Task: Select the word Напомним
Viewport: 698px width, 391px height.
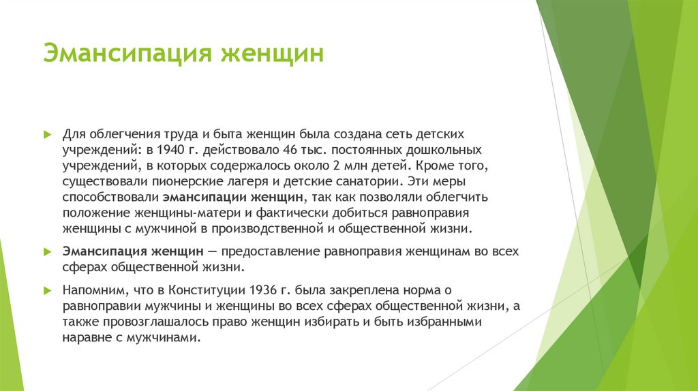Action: pyautogui.click(x=89, y=291)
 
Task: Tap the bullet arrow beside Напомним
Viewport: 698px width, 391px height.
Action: pyautogui.click(x=47, y=291)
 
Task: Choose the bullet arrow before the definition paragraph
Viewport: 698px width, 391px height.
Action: pyautogui.click(x=47, y=251)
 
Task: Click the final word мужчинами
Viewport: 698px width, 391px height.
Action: pyautogui.click(x=168, y=339)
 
